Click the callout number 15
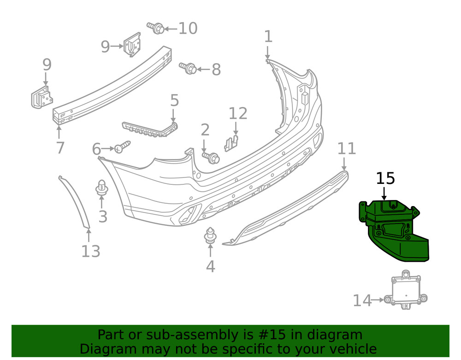[x=385, y=178]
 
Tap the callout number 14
[x=362, y=301]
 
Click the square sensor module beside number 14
[x=405, y=291]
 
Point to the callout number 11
[x=347, y=148]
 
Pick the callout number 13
[x=91, y=251]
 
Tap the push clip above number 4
[x=211, y=235]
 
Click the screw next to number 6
[x=122, y=148]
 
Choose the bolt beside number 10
[x=156, y=28]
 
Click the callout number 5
[x=174, y=100]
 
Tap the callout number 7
[x=60, y=148]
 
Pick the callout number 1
[x=268, y=36]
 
